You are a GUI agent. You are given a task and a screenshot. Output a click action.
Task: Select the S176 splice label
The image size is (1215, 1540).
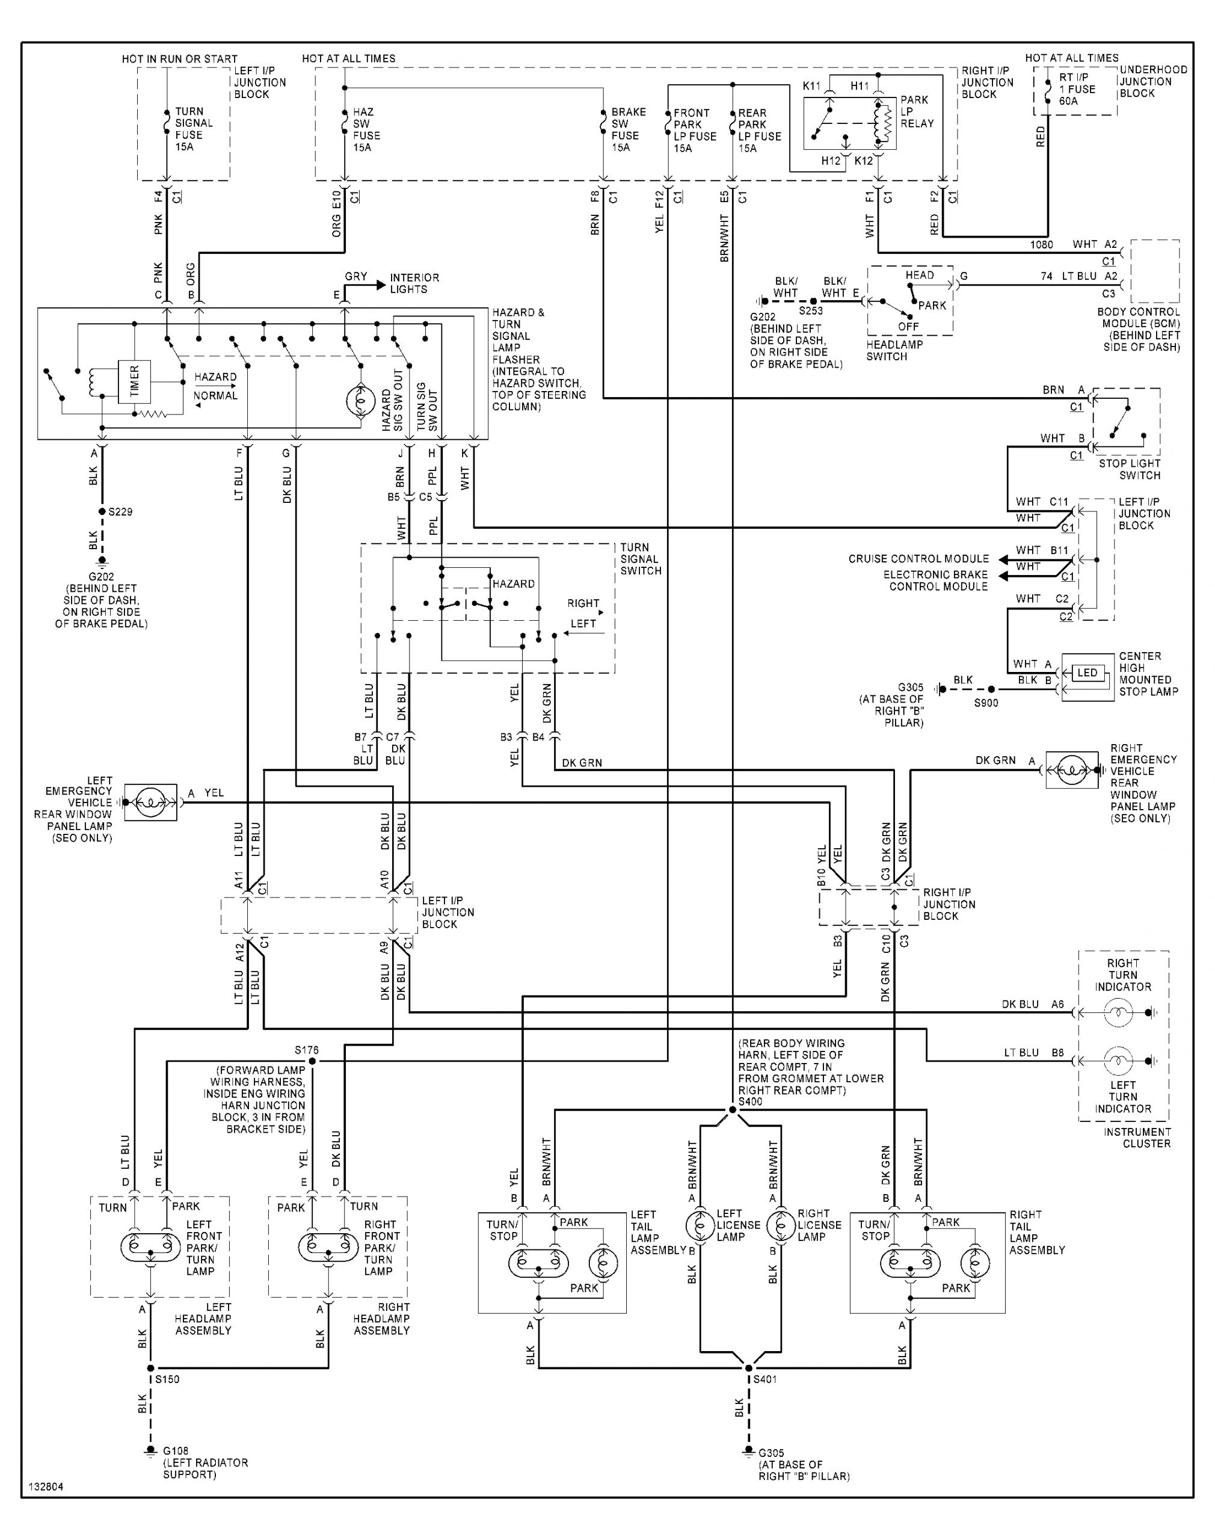(307, 1050)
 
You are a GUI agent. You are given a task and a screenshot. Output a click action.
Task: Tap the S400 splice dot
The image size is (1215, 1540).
(733, 1110)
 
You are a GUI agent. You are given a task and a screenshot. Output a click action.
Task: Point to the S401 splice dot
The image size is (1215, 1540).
(748, 1368)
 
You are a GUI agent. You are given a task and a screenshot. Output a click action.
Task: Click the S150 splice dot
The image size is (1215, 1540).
(150, 1368)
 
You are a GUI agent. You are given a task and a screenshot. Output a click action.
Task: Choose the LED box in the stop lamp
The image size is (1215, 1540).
(1087, 673)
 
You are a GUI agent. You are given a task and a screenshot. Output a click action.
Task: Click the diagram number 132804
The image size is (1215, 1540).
(46, 1487)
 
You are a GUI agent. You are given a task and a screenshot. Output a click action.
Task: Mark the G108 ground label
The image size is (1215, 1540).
(176, 1450)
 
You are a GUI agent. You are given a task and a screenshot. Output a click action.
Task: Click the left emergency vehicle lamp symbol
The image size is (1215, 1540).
(151, 802)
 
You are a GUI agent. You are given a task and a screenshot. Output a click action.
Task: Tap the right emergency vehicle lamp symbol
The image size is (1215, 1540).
(1072, 769)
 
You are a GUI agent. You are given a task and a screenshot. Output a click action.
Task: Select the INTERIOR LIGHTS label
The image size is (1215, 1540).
(414, 283)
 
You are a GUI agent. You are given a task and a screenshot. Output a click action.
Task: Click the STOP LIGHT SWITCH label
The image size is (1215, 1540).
(1130, 469)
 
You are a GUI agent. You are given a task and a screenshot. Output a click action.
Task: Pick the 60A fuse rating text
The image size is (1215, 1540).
(1068, 101)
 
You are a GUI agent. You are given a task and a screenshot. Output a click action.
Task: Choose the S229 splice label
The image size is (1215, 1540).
(120, 511)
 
